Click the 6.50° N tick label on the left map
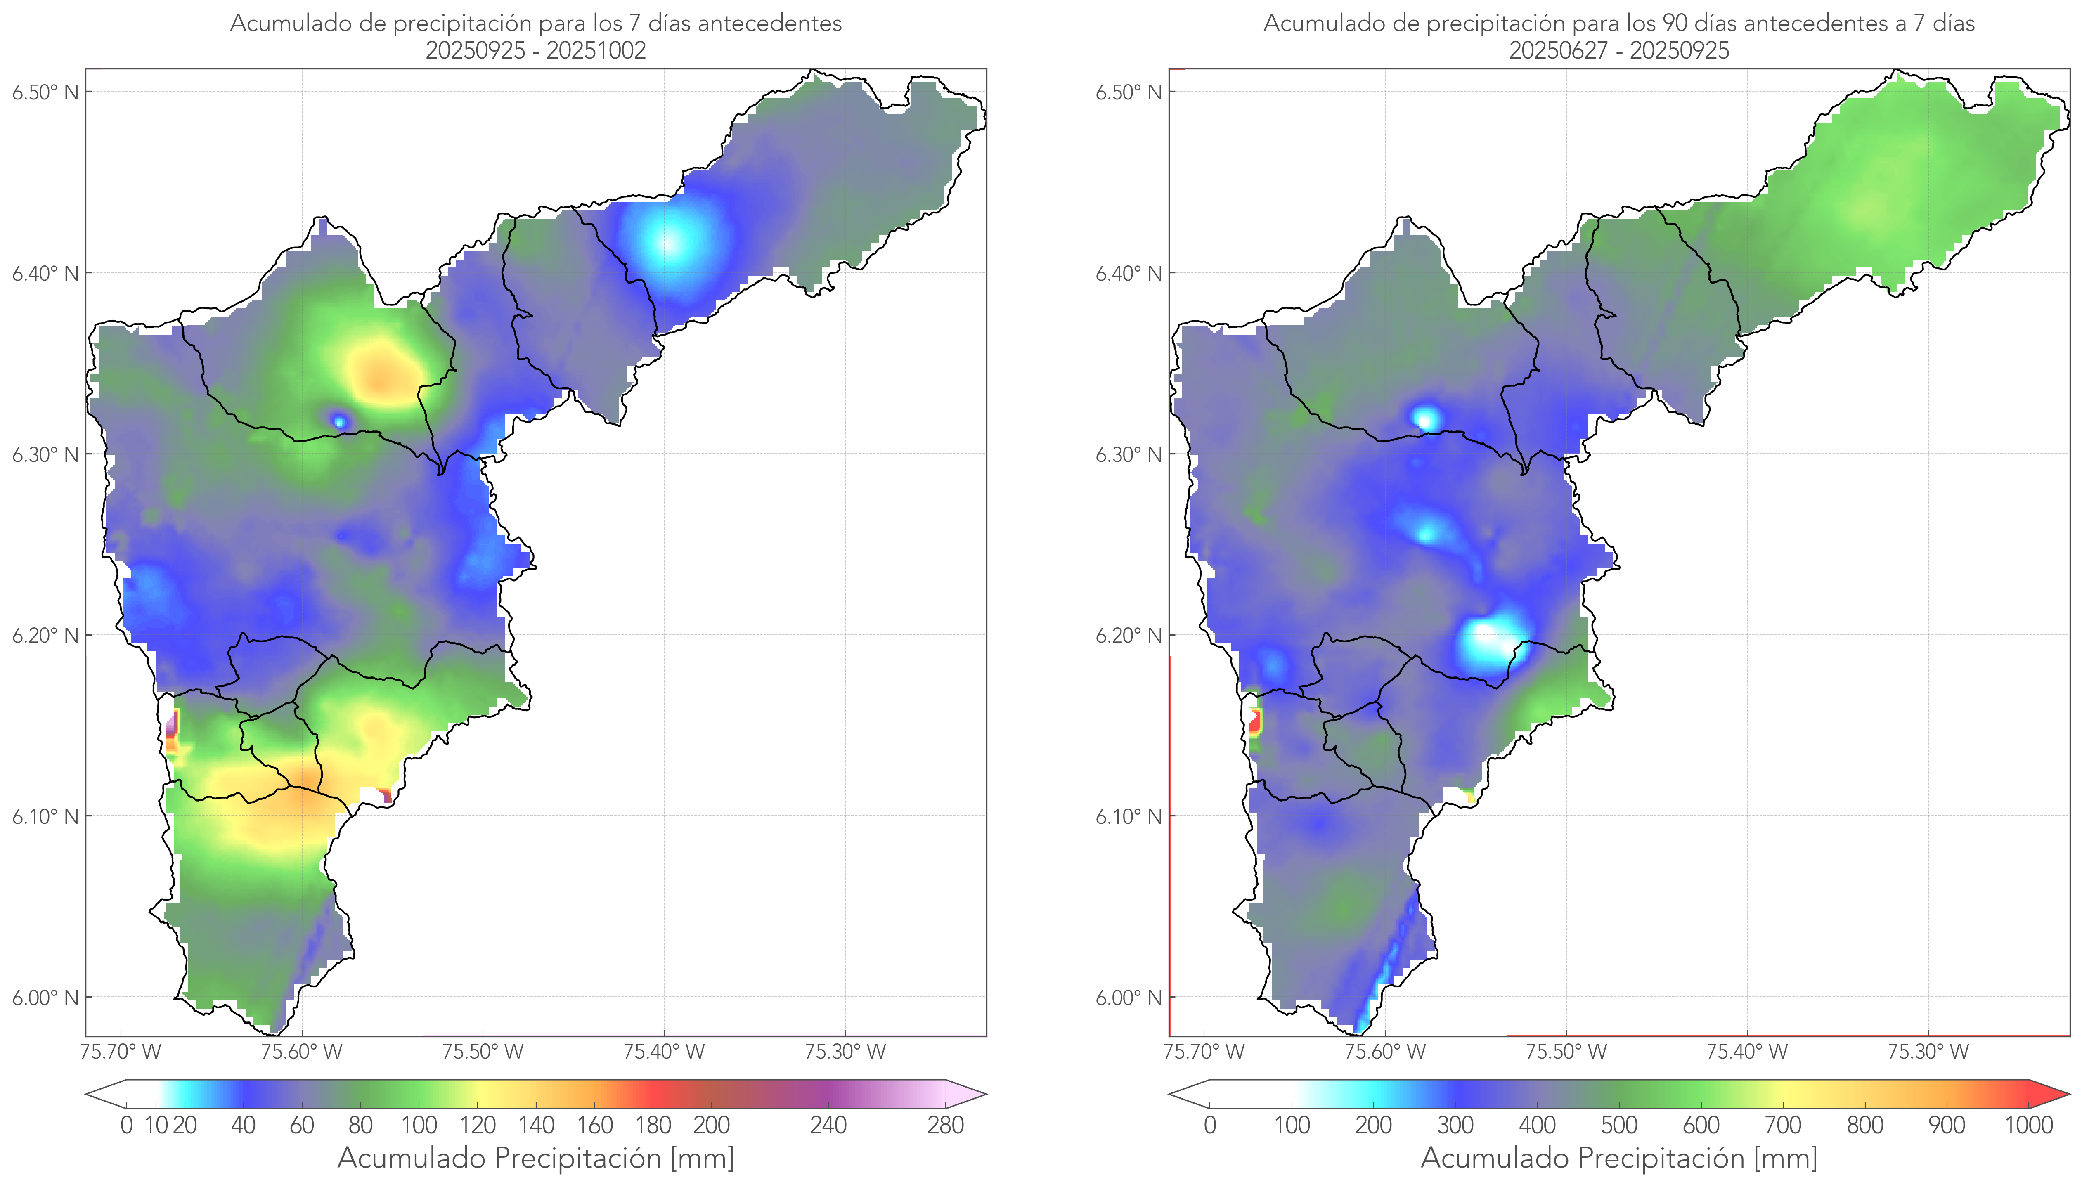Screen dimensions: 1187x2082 (x=45, y=92)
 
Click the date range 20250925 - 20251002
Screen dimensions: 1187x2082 (x=536, y=50)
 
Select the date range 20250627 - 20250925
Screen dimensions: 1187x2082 (x=1619, y=50)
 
